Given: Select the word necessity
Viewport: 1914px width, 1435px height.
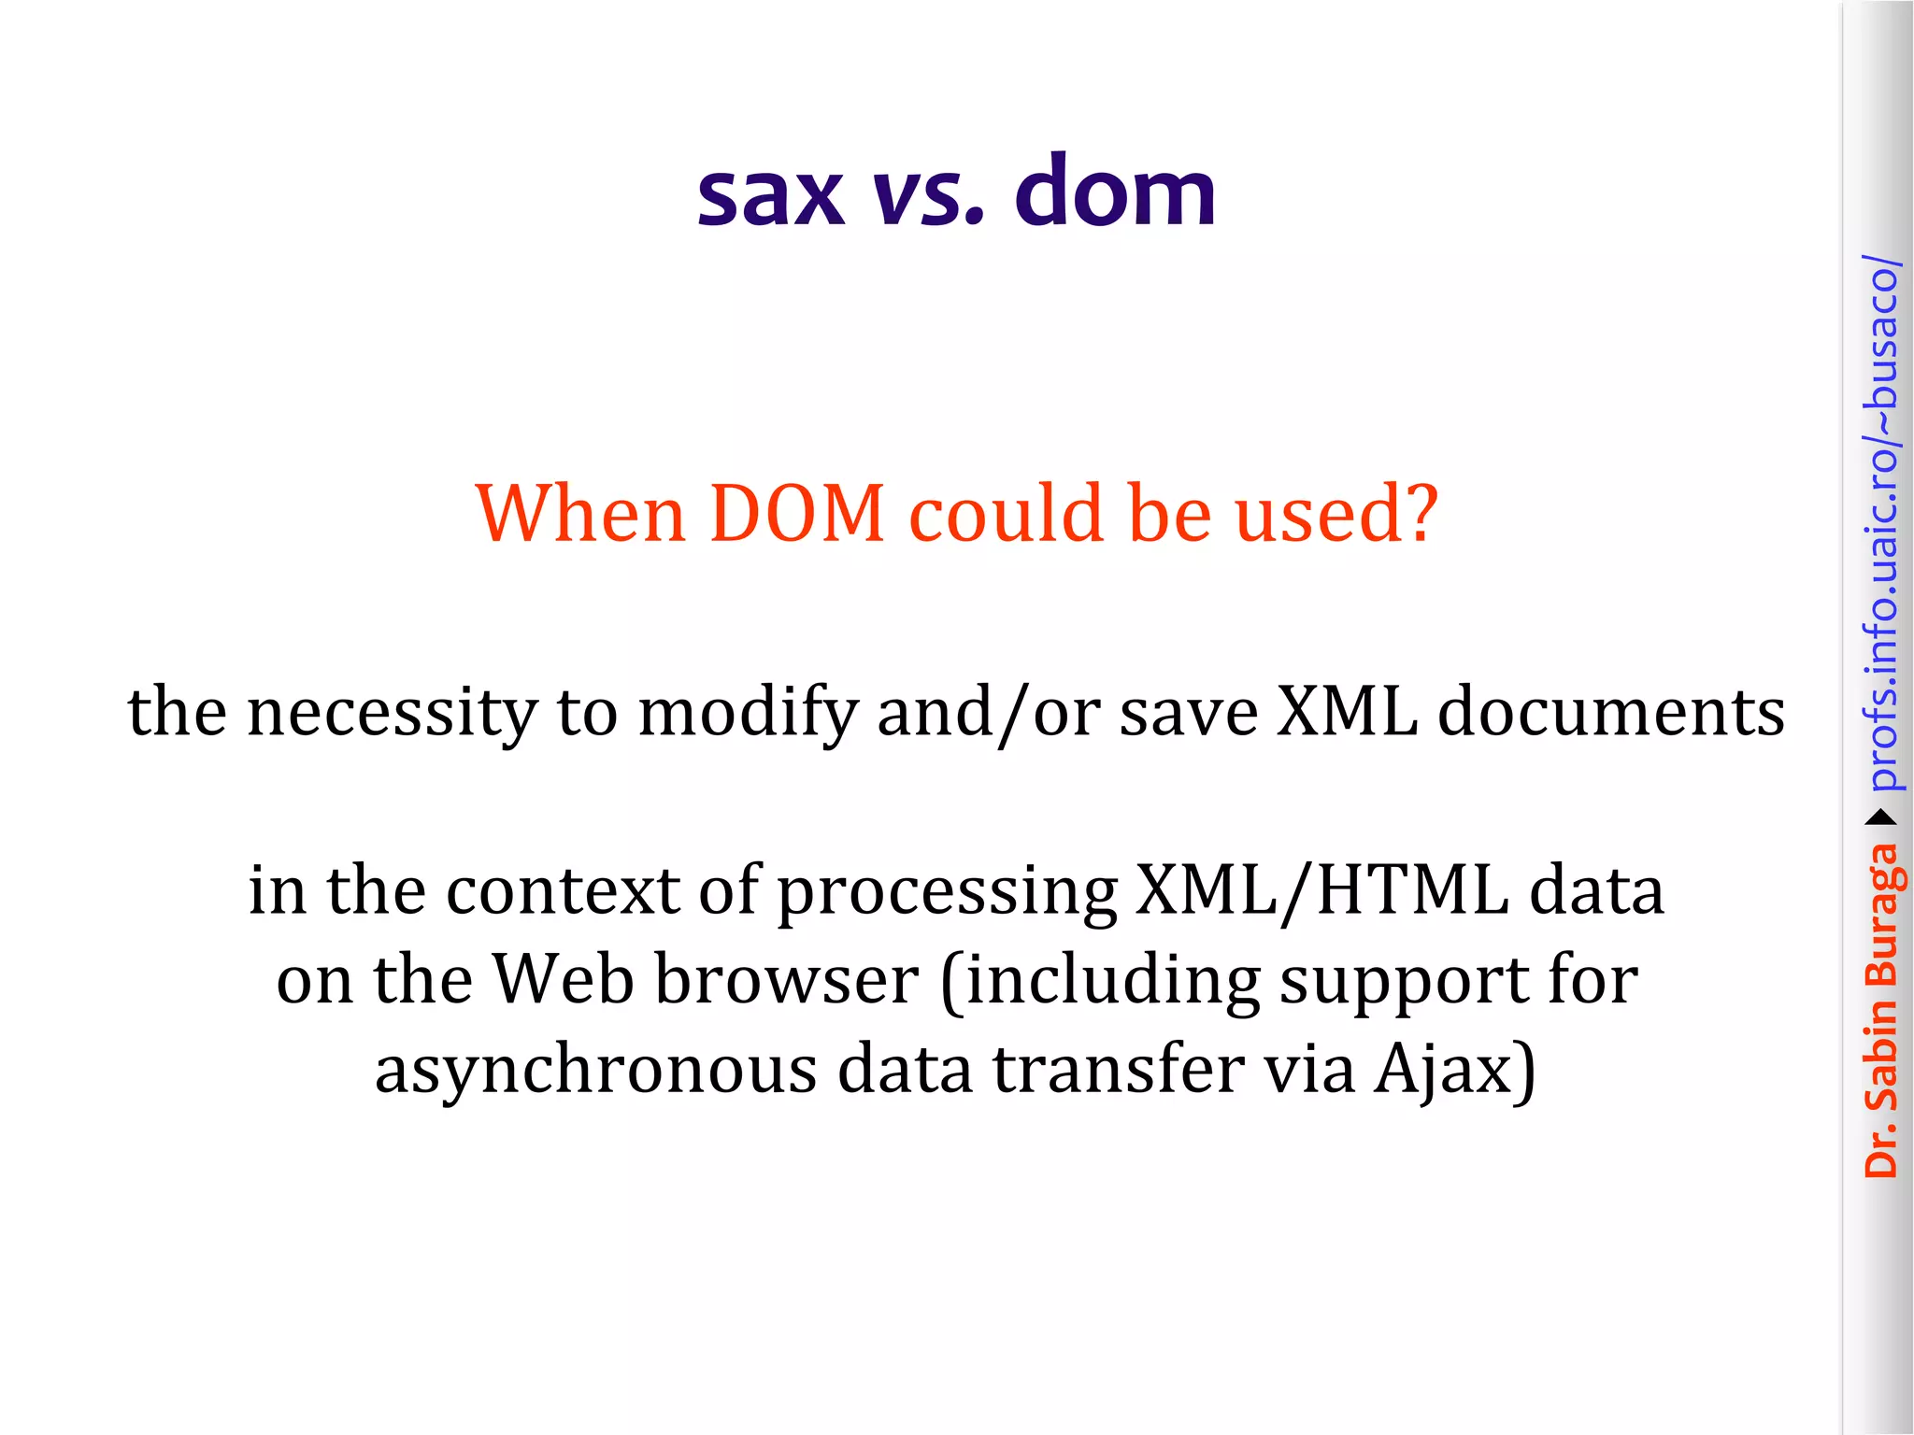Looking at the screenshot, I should click(x=393, y=712).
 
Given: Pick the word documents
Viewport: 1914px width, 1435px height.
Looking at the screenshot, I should click(x=1610, y=712).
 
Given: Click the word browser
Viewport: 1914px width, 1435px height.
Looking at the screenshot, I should click(x=786, y=980).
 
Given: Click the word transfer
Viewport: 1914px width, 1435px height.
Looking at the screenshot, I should click(x=1117, y=1069).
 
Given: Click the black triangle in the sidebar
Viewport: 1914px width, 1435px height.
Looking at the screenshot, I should click(x=1881, y=818).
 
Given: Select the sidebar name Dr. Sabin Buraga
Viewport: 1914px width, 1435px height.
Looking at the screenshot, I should click(x=1881, y=1009).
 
